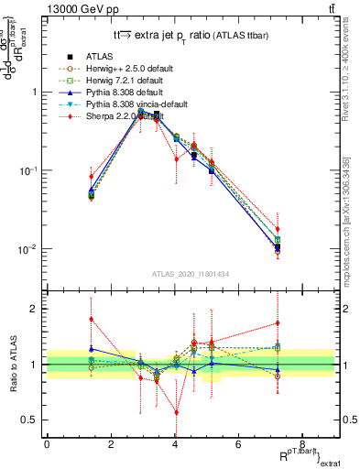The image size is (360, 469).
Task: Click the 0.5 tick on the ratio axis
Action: click(x=32, y=420)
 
